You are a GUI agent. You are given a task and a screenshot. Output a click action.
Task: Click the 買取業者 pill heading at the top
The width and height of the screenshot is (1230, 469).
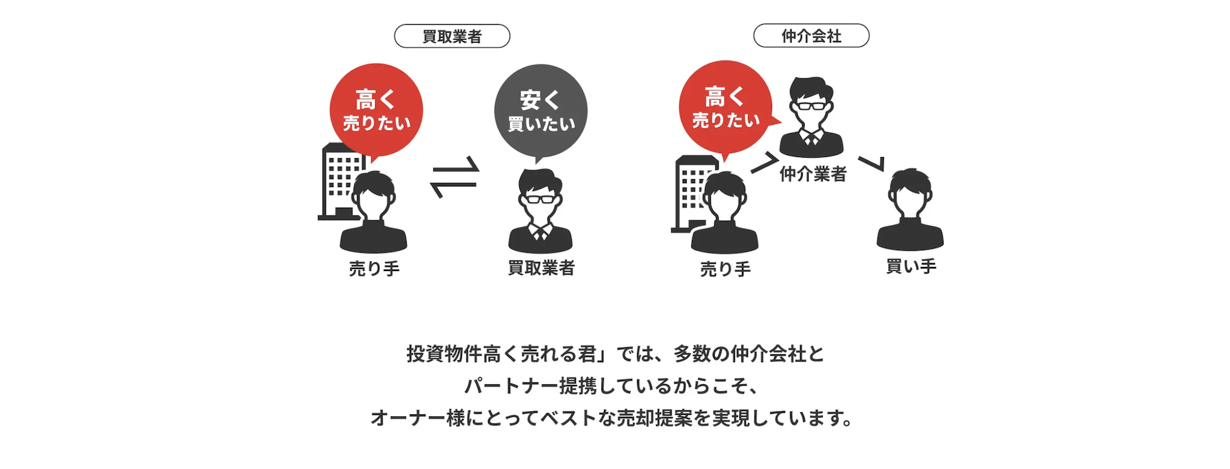coord(452,36)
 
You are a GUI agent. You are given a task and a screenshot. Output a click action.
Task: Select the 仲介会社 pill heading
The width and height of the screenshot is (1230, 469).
coord(811,36)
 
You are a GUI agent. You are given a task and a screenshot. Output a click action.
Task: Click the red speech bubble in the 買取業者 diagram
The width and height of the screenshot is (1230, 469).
coord(376,111)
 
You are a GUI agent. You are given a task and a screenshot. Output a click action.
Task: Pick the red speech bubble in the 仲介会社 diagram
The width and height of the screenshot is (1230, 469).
coord(726,108)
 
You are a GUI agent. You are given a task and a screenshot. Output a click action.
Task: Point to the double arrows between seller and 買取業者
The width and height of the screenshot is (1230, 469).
coord(455,177)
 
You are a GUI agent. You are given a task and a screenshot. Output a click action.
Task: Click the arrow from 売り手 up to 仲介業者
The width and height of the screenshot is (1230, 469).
coord(764,163)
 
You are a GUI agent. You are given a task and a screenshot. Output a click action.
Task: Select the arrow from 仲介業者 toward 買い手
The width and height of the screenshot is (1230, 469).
coord(872,163)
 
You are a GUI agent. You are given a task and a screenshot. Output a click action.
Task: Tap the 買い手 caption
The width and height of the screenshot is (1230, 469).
coord(911,266)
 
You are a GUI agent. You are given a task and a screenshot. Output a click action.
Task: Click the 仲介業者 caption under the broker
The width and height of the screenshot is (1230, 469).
coord(813,174)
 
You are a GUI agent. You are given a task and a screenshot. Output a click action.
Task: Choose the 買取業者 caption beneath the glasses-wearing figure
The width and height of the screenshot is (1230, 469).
coord(541,268)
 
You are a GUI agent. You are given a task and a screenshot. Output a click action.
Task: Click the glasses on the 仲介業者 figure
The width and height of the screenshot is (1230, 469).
coord(811,106)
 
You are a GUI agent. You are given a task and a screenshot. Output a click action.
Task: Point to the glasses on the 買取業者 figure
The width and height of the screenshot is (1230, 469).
coord(540,199)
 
